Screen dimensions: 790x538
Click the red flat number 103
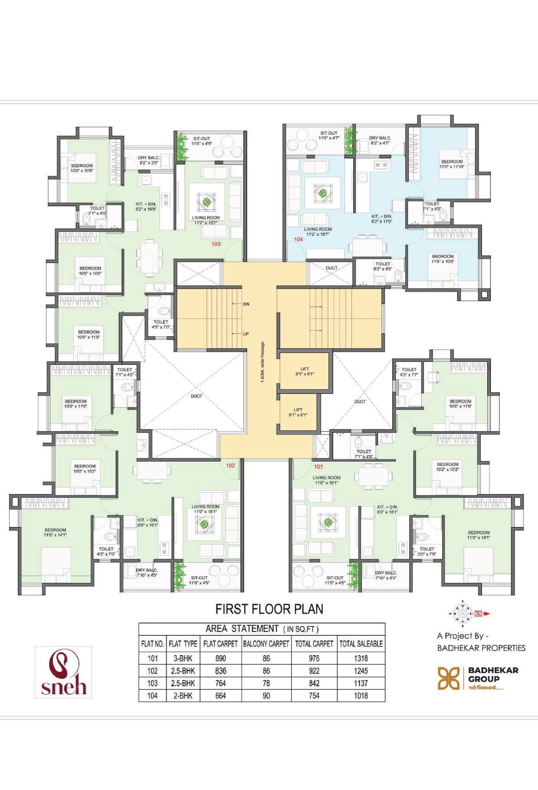point(216,244)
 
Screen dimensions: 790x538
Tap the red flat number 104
point(298,239)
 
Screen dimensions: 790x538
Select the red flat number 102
point(230,465)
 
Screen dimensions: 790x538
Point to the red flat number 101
point(319,467)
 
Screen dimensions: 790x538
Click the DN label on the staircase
point(246,304)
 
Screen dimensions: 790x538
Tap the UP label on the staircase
point(246,334)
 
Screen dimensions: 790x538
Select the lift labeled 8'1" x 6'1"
point(304,371)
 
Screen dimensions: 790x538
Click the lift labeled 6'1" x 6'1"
point(298,412)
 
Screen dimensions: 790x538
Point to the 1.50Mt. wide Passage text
point(262,362)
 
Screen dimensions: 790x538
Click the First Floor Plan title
point(269,609)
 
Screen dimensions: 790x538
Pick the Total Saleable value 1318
point(361,658)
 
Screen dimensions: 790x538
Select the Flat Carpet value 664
point(220,696)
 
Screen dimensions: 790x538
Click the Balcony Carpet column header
point(266,644)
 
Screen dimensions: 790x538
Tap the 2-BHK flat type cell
point(183,696)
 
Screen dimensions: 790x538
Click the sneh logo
point(63,672)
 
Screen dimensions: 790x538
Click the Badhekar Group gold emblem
point(448,678)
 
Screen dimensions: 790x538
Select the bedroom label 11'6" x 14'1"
point(55,532)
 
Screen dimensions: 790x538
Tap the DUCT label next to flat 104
point(331,268)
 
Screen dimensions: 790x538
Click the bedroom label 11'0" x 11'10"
point(452,164)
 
